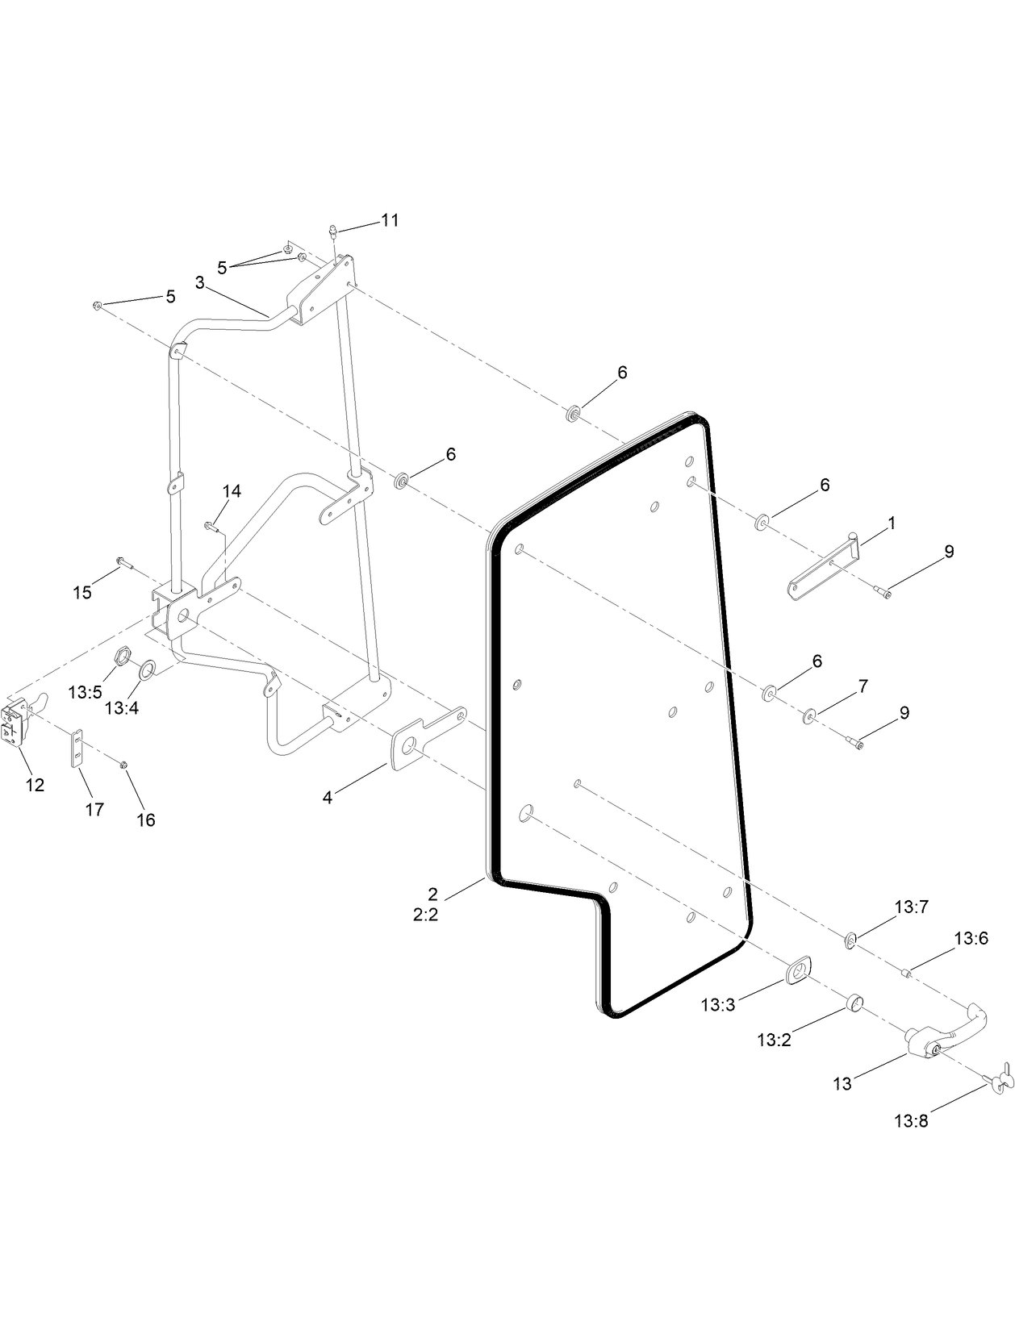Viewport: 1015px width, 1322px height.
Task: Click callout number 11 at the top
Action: [390, 220]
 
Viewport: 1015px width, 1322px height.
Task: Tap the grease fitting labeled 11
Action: [332, 232]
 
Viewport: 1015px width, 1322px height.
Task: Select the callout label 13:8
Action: [910, 1120]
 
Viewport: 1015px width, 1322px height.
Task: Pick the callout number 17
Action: [94, 809]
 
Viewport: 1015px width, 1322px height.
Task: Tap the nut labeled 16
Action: [123, 763]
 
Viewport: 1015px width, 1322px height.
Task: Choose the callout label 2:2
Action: [425, 915]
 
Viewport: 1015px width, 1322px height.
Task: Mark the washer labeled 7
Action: [808, 715]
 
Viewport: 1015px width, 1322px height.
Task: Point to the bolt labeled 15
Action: [122, 561]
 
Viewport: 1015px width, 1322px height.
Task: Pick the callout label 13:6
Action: [971, 938]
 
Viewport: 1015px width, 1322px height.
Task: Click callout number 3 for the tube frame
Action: [198, 282]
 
